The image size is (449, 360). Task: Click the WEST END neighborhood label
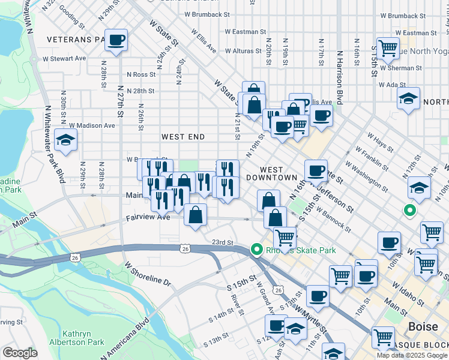(183, 137)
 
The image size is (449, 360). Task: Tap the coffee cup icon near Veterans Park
(116, 41)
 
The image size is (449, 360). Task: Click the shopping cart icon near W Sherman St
(388, 47)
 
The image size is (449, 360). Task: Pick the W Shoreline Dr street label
(148, 273)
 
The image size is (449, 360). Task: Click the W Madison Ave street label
(92, 125)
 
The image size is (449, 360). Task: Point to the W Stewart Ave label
(64, 59)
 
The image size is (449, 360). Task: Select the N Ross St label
(141, 75)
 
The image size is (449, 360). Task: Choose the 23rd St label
(222, 242)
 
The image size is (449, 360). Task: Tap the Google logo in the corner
(20, 352)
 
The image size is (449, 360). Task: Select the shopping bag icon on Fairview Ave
(196, 215)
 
